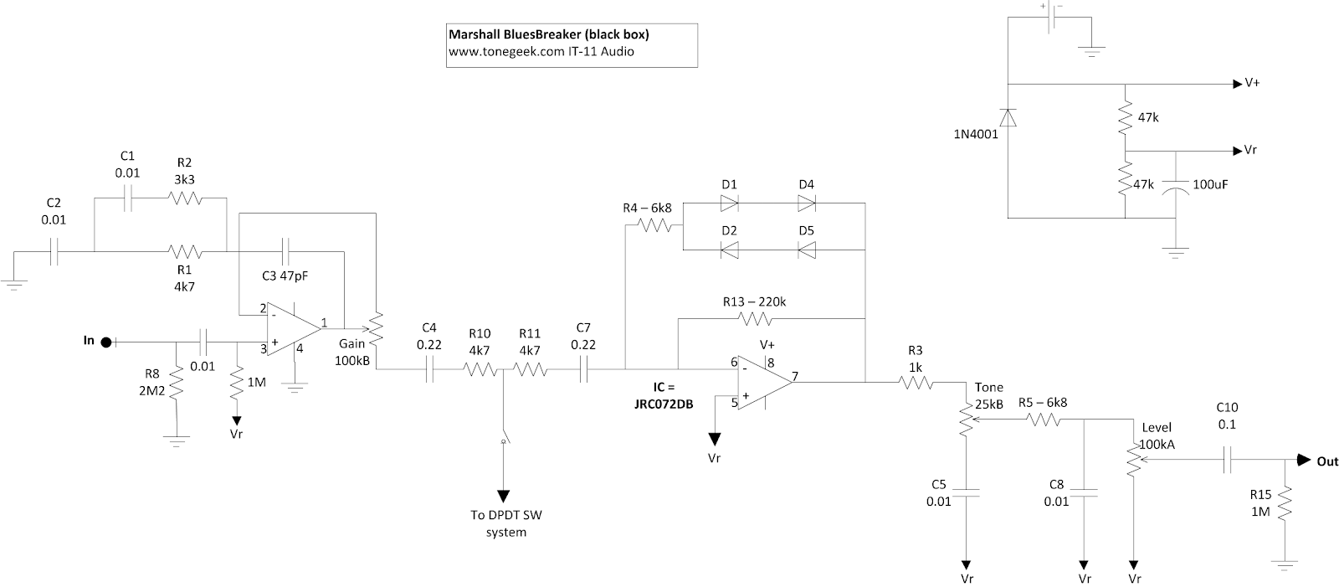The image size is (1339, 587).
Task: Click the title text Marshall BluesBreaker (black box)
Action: coord(549,34)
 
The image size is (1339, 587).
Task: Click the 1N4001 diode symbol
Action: coord(1008,118)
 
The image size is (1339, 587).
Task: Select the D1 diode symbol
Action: coord(729,203)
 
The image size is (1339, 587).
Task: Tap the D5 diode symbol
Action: coord(807,250)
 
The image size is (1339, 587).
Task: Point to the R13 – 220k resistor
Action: coord(756,319)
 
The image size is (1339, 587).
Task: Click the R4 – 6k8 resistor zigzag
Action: coord(654,225)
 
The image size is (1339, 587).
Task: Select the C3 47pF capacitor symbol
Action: coord(285,251)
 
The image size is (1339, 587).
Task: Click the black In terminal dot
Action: coord(105,342)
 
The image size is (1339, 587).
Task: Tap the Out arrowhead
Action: coord(1303,461)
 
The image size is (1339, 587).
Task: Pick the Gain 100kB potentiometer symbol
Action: coord(376,329)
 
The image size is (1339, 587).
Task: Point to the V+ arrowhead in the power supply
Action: coord(1238,85)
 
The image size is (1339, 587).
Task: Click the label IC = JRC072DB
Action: coord(664,395)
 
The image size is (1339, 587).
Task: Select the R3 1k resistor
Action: coord(916,382)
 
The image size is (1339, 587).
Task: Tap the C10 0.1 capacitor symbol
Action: coord(1227,460)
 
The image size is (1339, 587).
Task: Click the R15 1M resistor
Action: coord(1285,504)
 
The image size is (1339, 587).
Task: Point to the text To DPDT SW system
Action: coord(505,523)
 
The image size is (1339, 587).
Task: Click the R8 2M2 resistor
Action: coord(177,383)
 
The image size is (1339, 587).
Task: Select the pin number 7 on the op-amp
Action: coord(795,376)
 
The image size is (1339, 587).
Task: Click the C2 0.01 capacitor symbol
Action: coord(54,251)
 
